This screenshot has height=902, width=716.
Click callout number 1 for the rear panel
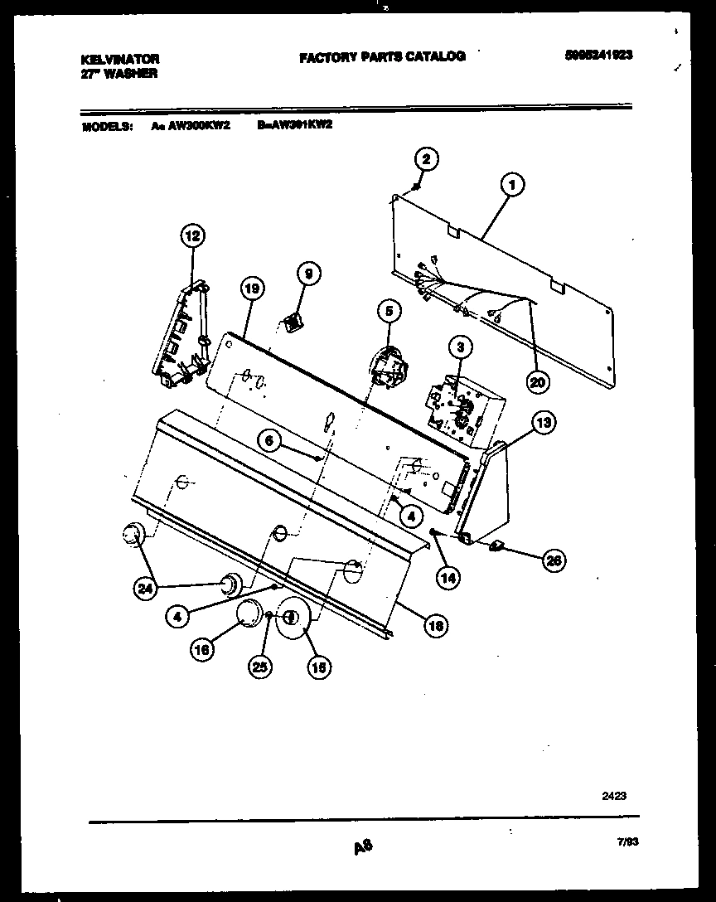512,186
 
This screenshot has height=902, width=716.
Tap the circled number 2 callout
425,158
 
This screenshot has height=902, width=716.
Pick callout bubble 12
192,236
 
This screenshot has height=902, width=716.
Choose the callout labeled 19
252,289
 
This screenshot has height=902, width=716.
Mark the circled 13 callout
543,424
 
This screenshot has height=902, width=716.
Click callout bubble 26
553,560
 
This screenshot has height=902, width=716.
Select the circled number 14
448,578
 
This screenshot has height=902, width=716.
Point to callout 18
435,626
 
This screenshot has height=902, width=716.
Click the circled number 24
147,589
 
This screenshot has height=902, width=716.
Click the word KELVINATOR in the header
119,59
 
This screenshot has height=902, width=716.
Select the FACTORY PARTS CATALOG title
382,56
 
